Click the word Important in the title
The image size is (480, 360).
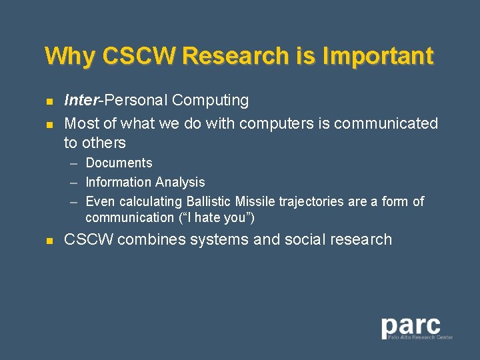coord(377,56)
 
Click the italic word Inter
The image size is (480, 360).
coord(80,101)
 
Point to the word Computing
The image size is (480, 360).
coord(210,101)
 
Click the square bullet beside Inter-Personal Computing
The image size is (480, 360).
coord(49,102)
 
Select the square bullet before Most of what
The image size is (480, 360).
coord(49,125)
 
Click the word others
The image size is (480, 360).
coord(103,143)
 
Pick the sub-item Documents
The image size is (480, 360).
coord(119,163)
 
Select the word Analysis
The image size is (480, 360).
coord(179,182)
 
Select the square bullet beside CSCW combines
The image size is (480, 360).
coord(49,241)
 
